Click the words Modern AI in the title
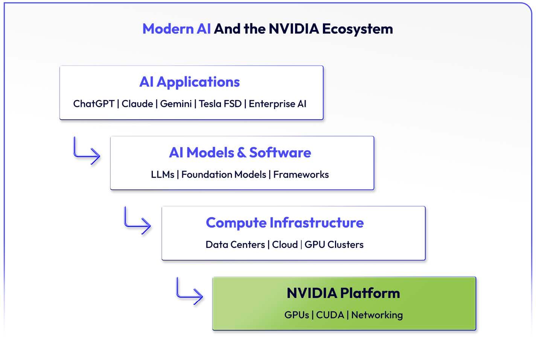177,29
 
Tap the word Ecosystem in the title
358,29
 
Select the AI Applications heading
189,82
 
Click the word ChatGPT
94,104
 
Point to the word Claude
137,104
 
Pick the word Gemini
176,104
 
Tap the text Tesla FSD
220,104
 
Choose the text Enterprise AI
277,104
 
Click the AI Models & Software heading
240,153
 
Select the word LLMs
163,175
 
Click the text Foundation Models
224,175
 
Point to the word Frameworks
301,175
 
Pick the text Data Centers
235,245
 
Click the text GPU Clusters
334,245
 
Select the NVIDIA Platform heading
343,293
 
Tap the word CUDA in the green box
330,315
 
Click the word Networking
377,315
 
